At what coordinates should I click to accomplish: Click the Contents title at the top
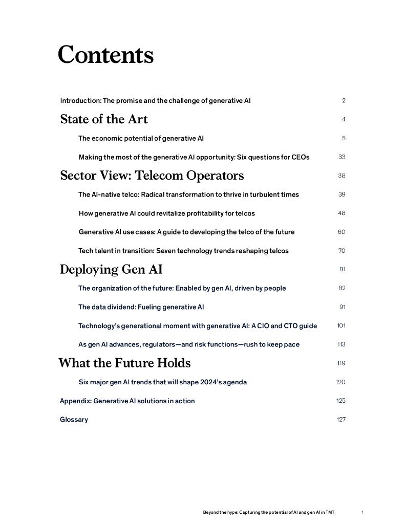click(x=105, y=55)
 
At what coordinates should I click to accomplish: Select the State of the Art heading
click(x=104, y=119)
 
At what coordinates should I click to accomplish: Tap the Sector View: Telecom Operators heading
click(x=152, y=176)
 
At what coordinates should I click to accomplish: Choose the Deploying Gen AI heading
click(x=111, y=269)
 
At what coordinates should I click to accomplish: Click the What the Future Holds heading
click(x=124, y=363)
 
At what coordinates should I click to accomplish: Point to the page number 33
click(x=342, y=157)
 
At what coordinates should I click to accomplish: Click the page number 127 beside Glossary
click(x=341, y=420)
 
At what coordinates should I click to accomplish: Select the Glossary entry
click(x=74, y=420)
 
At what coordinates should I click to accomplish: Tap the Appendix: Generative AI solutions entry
click(x=127, y=401)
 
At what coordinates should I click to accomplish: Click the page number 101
click(x=341, y=326)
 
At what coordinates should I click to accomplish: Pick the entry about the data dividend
click(x=141, y=307)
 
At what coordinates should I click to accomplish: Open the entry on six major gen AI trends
click(x=163, y=382)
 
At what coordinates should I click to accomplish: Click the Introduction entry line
click(x=155, y=101)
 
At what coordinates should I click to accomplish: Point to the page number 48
click(x=342, y=213)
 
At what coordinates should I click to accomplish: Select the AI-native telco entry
click(x=188, y=194)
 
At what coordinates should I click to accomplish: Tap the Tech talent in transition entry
click(x=183, y=251)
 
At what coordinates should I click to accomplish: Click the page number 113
click(x=341, y=344)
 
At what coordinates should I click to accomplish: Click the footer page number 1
click(x=362, y=512)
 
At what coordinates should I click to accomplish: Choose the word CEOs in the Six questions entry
click(x=300, y=157)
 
